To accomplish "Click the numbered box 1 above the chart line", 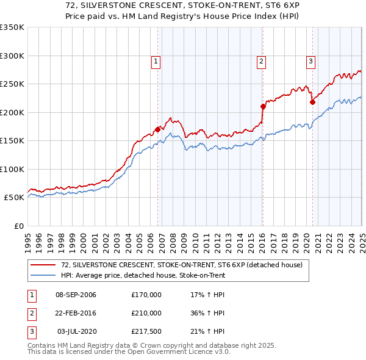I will tap(156, 61).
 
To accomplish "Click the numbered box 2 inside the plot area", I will tap(261, 61).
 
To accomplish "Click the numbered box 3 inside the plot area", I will tap(310, 61).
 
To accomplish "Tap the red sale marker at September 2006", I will tap(158, 129).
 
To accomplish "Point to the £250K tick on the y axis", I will tap(12, 84).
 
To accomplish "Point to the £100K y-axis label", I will tap(12, 169).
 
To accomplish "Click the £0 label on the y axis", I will tap(18, 226).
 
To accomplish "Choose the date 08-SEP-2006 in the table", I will tap(76, 295).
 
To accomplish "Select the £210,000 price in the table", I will tap(146, 313).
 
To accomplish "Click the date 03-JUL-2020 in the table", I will tap(76, 331).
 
